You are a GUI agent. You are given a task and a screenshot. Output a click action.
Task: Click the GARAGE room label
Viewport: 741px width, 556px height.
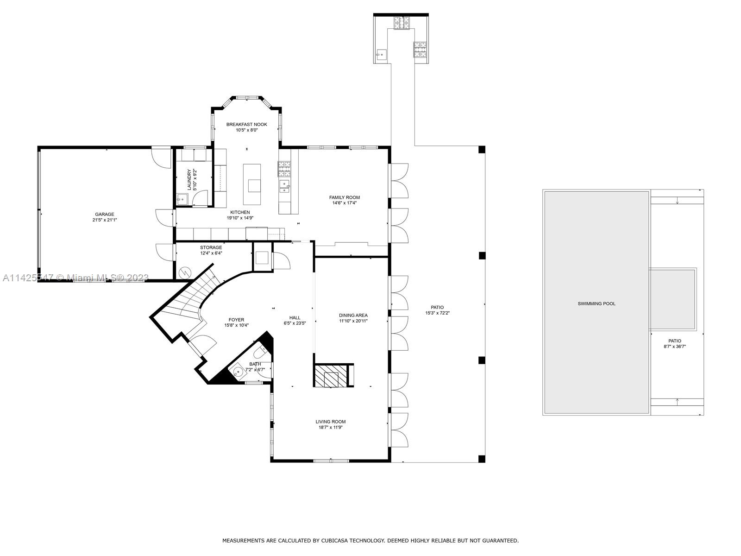coord(105,214)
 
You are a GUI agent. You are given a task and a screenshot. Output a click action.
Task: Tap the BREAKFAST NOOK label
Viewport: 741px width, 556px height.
coord(246,124)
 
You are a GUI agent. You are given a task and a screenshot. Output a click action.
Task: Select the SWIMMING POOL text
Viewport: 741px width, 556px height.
coord(597,303)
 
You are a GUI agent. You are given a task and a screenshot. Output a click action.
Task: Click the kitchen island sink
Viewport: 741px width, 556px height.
coord(254,185)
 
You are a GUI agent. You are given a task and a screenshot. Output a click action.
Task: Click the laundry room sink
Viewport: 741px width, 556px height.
coord(182,200)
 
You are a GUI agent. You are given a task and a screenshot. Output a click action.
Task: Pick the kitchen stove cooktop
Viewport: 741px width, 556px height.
coord(284,169)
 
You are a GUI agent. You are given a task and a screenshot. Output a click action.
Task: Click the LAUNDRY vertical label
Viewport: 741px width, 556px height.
coord(189,179)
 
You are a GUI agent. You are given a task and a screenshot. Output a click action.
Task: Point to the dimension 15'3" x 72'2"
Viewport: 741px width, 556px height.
coord(437,313)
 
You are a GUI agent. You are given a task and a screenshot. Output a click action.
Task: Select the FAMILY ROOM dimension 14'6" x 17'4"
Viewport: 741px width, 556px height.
coord(344,203)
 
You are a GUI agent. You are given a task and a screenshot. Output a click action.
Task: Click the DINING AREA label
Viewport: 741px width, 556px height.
coord(353,315)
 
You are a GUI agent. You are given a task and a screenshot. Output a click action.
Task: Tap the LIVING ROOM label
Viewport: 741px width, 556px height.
coord(331,422)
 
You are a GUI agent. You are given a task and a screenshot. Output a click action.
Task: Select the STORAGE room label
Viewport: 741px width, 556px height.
coord(211,247)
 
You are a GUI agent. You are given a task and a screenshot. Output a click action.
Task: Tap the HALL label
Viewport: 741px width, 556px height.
coord(295,317)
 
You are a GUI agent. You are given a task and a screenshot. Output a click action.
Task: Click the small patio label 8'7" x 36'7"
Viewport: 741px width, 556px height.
coord(674,346)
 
